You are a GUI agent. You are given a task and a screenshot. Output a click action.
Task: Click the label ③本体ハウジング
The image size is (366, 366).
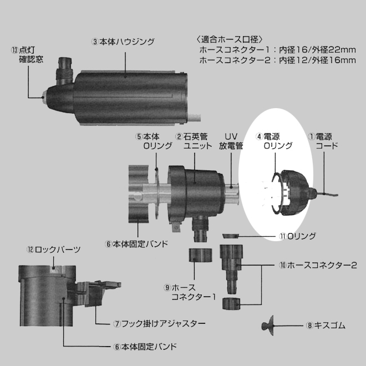pos(123,42)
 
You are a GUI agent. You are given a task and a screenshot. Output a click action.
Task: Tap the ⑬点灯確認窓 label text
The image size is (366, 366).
pos(27,55)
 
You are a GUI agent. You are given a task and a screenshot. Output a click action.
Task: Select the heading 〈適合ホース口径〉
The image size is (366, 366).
pos(230,39)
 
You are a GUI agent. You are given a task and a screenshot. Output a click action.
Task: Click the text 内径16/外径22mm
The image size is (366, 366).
pos(317,50)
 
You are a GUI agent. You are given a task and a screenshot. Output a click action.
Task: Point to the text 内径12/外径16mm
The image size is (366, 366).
pos(317,60)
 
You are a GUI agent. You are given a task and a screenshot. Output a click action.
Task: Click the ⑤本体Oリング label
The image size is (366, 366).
pos(154,141)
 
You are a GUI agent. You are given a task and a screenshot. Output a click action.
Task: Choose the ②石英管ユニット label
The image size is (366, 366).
pos(194,141)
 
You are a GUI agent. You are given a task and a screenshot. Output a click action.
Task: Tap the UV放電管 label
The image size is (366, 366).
pos(231,141)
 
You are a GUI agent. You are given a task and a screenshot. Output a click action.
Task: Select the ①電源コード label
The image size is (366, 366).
pos(323,141)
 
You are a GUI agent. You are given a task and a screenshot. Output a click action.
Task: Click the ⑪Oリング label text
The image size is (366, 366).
pos(298,236)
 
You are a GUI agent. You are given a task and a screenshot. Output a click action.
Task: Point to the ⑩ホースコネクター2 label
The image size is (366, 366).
pos(318,265)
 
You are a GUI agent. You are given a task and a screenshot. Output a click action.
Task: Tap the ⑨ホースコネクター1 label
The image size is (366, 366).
pos(190,292)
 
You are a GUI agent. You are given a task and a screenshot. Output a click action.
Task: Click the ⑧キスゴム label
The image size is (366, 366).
pos(326,326)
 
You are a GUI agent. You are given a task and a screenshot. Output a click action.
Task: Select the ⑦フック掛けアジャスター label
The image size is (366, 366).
pos(159,324)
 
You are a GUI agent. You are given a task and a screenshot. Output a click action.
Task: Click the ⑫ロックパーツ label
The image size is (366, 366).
pos(54,250)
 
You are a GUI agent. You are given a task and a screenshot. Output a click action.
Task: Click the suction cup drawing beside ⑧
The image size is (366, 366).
pos(267,326)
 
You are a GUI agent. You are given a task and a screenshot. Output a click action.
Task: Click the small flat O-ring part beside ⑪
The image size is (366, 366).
pos(230,236)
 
